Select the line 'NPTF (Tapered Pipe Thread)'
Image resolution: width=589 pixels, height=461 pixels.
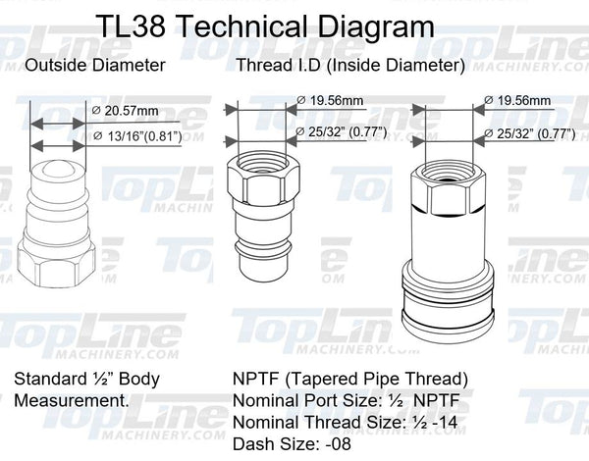point(350,379)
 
